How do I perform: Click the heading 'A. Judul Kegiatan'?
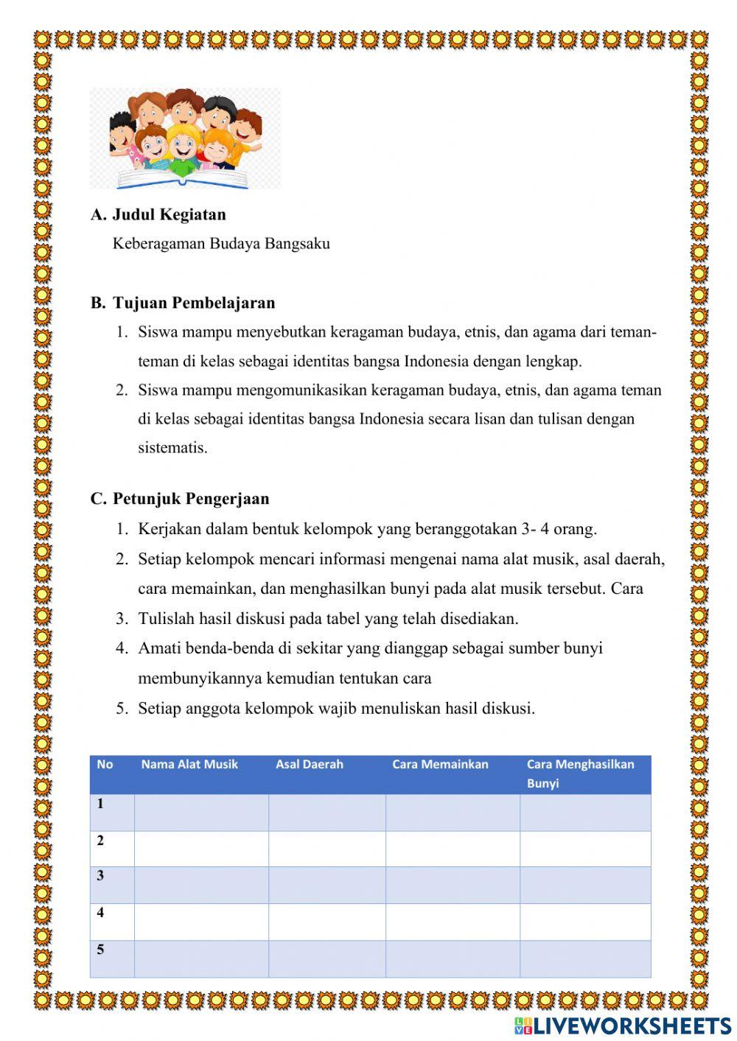tap(158, 214)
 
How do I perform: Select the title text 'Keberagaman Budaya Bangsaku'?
tap(221, 244)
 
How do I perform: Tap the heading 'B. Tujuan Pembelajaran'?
tap(183, 303)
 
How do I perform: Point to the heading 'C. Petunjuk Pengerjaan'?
tap(180, 499)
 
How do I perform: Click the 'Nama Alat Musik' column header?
tap(189, 765)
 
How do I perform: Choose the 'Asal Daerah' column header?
tap(310, 765)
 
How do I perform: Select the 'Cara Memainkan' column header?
tap(440, 765)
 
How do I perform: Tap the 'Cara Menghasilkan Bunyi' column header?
tap(580, 774)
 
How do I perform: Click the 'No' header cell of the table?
tap(105, 765)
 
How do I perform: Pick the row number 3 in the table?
tap(100, 876)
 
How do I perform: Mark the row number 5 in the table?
tap(100, 950)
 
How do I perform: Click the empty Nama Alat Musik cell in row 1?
tap(201, 813)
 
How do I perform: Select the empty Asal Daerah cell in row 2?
tap(326, 849)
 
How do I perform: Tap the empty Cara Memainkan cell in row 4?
tap(453, 922)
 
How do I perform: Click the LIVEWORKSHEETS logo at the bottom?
tap(623, 1026)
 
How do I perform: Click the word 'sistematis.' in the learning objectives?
tap(172, 448)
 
